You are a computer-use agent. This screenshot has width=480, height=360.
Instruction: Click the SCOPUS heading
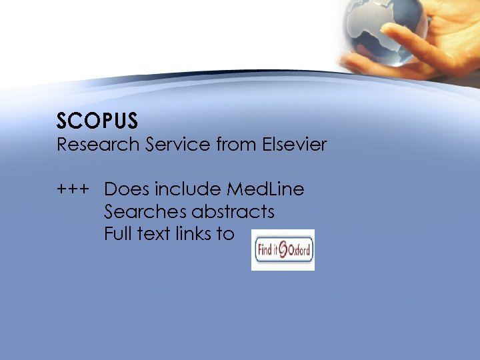97,121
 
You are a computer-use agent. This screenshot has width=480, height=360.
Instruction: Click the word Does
123,189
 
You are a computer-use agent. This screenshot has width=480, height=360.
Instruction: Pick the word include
185,189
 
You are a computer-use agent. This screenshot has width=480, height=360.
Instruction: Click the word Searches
145,212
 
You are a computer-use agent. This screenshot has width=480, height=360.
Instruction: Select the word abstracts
233,212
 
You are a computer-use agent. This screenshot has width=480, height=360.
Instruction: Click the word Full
119,234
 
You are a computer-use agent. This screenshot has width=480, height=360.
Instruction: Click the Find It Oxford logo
283,250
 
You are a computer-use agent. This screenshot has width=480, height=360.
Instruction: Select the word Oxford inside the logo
299,252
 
